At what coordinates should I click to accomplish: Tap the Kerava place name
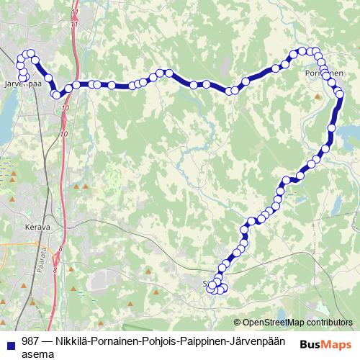(37, 227)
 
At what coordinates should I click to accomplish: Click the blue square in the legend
(9, 341)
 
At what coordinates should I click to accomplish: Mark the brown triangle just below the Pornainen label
(318, 94)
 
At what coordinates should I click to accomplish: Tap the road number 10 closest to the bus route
(66, 107)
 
